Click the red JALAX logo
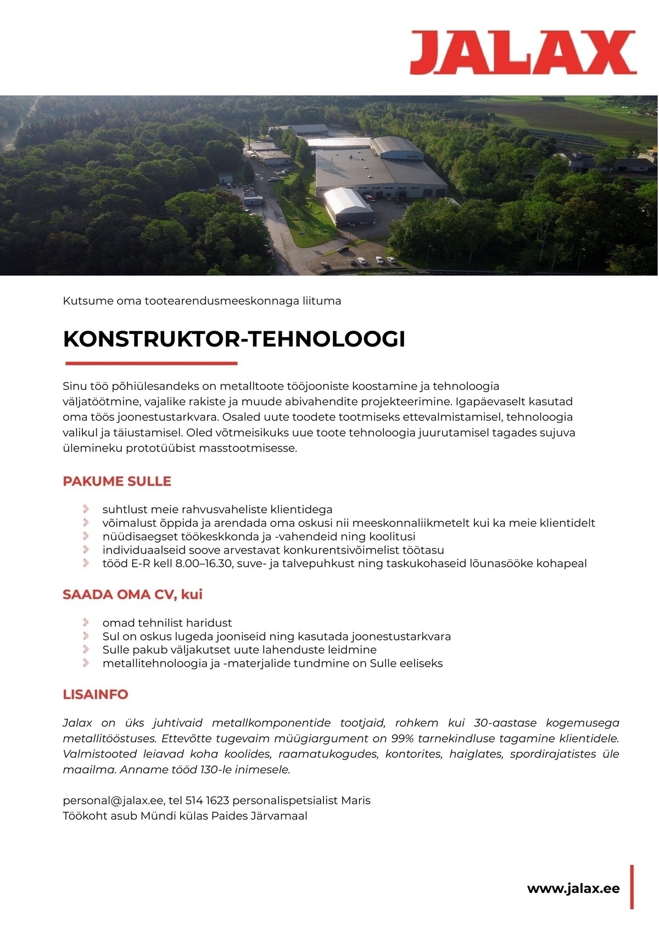[x=522, y=53]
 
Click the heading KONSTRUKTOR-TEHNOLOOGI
[x=234, y=339]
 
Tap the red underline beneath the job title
[x=151, y=363]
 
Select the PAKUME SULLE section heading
[x=117, y=481]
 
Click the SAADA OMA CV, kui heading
[x=133, y=594]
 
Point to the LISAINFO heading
[x=96, y=694]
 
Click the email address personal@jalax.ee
[x=109, y=800]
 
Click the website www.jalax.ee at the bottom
[x=573, y=888]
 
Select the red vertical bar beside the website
[x=632, y=886]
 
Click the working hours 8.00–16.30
[x=205, y=563]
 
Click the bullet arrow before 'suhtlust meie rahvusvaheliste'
[x=86, y=509]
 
